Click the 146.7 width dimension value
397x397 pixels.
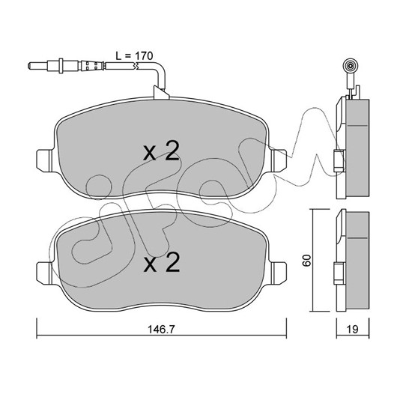(161, 329)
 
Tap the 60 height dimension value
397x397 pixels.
(307, 261)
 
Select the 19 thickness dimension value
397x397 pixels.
(353, 329)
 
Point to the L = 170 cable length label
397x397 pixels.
(134, 56)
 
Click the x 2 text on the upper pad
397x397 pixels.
(161, 151)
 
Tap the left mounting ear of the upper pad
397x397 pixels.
(45, 161)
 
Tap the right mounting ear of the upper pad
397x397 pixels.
(279, 161)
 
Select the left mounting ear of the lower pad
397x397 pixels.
(45, 273)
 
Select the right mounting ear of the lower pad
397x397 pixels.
(279, 273)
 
